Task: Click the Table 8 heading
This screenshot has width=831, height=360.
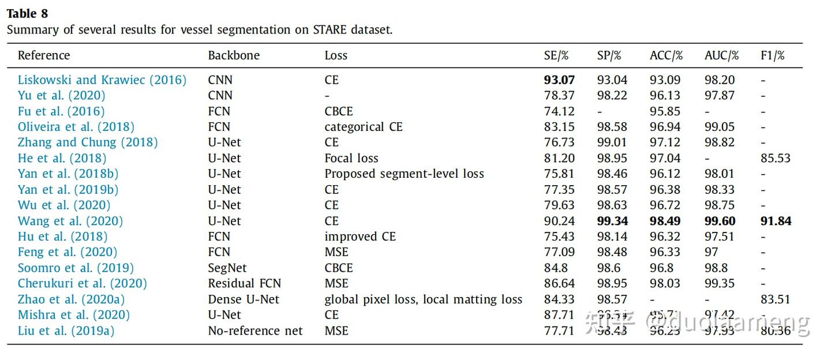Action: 27,13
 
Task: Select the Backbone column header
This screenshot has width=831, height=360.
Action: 234,55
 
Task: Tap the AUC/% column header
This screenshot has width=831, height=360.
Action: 721,55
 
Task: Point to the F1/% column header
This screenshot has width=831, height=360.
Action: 773,55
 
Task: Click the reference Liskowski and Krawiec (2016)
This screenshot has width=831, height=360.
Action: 102,80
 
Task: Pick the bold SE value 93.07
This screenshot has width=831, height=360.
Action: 559,80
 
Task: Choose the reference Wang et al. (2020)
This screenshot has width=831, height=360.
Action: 70,221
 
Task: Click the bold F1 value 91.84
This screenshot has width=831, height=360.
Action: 776,221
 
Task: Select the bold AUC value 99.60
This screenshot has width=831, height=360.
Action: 720,221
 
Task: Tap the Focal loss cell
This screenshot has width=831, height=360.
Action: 351,158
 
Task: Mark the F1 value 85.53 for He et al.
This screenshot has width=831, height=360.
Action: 776,158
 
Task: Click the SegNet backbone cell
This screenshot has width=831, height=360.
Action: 227,268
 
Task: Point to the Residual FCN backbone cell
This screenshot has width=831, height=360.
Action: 245,283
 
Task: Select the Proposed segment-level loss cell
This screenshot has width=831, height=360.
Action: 404,174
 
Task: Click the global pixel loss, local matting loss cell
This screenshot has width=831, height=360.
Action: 423,299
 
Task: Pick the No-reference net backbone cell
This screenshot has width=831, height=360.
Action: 255,331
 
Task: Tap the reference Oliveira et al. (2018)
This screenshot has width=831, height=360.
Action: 76,127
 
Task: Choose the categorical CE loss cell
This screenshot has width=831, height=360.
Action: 364,127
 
